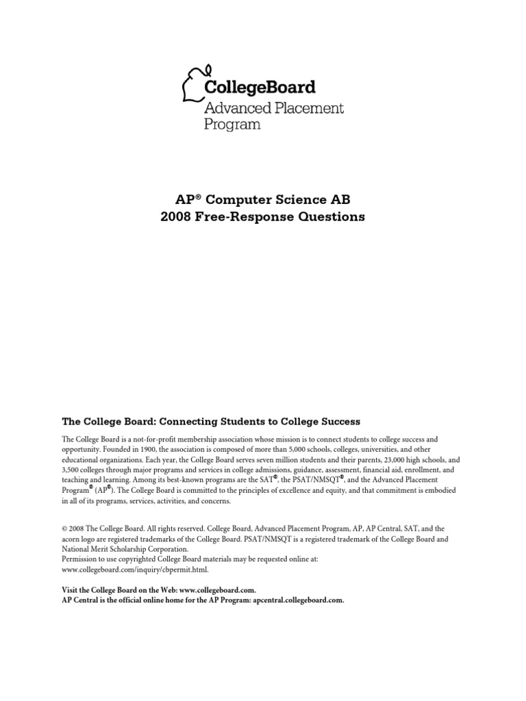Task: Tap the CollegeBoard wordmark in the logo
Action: point(260,87)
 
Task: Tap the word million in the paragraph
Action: point(274,461)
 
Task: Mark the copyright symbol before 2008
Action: point(64,528)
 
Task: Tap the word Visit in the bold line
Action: point(70,589)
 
